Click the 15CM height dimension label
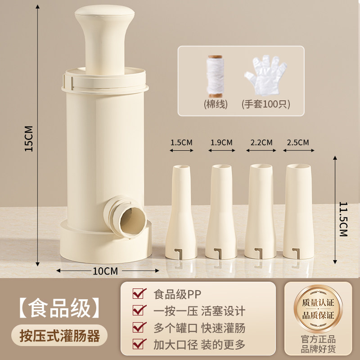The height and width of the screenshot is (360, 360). point(29,139)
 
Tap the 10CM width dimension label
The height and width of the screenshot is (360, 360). point(105,271)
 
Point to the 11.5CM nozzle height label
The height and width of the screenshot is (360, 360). point(343,219)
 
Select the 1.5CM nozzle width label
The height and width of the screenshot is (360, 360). point(181,142)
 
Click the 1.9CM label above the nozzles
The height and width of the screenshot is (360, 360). point(221,142)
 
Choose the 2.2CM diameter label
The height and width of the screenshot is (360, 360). point(261,142)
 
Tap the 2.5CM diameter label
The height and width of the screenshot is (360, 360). point(298,142)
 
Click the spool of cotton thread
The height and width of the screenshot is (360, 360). point(215,76)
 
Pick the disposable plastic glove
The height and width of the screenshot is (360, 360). point(265,75)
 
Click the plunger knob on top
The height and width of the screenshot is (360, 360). point(105,39)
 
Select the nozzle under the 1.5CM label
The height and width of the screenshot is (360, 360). point(181,212)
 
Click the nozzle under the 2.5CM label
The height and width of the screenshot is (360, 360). point(298,211)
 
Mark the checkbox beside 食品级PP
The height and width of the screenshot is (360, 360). point(139,293)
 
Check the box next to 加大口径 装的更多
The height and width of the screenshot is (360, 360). point(139,344)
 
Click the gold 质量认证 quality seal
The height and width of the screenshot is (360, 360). point(318,309)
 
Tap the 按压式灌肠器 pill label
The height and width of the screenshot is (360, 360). point(59,336)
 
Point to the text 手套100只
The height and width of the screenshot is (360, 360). point(265,104)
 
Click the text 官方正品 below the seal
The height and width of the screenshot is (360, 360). point(318,339)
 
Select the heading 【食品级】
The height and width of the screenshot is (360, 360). point(59,308)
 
